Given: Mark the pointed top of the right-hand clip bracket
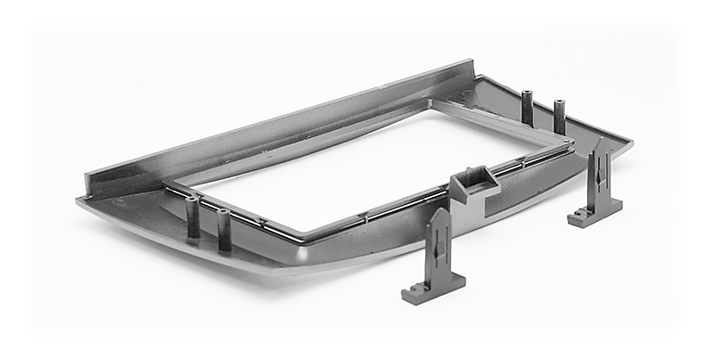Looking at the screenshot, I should click(x=600, y=143).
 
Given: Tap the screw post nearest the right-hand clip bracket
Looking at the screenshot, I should click(x=560, y=116).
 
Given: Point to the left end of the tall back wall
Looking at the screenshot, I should click(x=89, y=177).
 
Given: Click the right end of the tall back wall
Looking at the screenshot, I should click(x=471, y=64).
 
